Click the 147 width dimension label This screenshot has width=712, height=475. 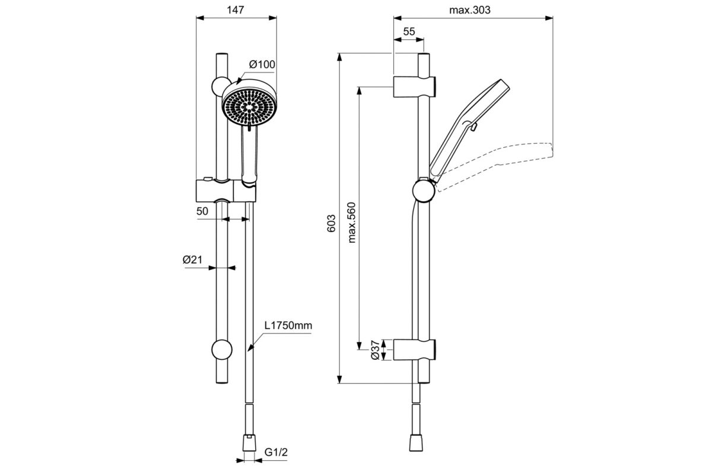[x=236, y=10]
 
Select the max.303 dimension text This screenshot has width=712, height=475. [x=470, y=10]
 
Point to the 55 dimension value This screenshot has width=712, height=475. [x=408, y=31]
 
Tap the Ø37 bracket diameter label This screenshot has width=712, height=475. [x=375, y=350]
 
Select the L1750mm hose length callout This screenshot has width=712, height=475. [x=288, y=326]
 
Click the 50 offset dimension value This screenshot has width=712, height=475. [x=202, y=211]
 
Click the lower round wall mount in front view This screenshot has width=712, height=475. [x=221, y=350]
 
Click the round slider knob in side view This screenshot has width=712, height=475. [x=424, y=191]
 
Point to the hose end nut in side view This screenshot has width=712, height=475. [x=418, y=443]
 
